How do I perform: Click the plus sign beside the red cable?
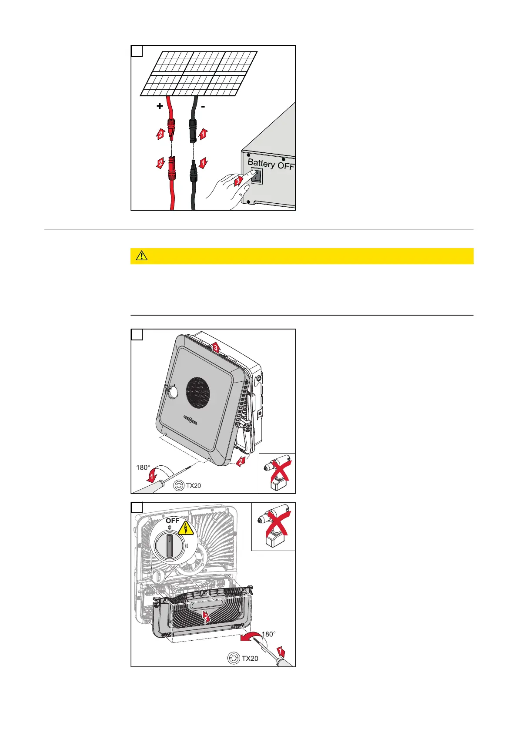click(x=160, y=106)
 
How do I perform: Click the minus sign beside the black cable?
click(x=203, y=106)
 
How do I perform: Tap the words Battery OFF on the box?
click(x=271, y=165)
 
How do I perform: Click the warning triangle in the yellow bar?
click(x=141, y=256)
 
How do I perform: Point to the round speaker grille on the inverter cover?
click(x=198, y=393)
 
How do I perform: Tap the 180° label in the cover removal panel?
click(x=143, y=467)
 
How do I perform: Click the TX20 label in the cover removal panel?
click(x=193, y=485)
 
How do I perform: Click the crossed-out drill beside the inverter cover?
click(x=277, y=473)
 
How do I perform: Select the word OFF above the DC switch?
click(x=172, y=521)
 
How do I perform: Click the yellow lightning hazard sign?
click(x=186, y=528)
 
